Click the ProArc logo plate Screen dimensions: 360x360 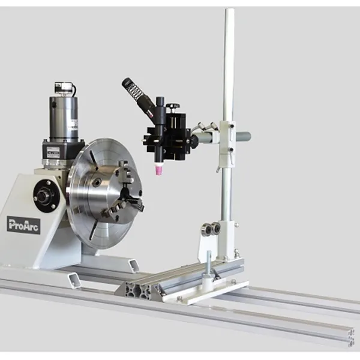coord(23,224)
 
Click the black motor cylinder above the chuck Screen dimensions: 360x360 coord(64,117)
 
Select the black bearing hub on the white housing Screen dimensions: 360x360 coord(46,196)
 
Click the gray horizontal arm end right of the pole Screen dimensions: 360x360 coord(244,137)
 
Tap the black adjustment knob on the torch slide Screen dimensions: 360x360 coord(174,106)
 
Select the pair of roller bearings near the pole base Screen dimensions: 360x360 coord(211,229)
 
